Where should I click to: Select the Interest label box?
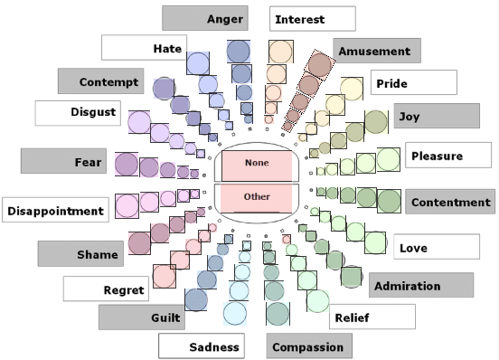tap(312, 19)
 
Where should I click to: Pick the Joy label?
tap(437, 116)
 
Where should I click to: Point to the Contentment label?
tap(449, 202)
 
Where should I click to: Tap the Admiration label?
tap(420, 286)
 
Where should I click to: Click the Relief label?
tap(372, 317)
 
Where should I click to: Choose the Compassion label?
tap(309, 346)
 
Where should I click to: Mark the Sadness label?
tap(201, 346)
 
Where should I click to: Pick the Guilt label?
tap(142, 317)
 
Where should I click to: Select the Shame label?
tap(80, 254)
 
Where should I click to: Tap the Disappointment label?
tap(55, 211)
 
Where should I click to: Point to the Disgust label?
tap(77, 113)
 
